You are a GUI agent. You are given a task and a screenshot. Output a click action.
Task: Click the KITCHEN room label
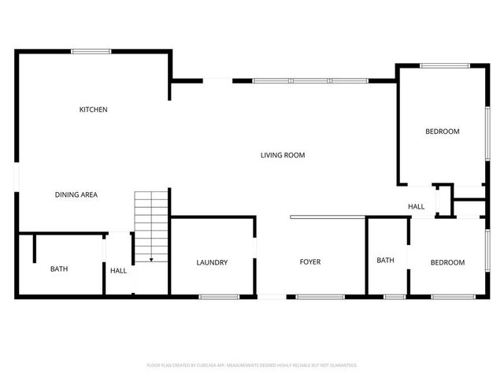click(x=93, y=109)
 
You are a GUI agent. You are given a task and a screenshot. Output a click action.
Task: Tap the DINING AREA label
click(x=76, y=195)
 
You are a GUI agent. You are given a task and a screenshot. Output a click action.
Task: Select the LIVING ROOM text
click(x=283, y=155)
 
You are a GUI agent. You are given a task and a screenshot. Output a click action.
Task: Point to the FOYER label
click(x=309, y=262)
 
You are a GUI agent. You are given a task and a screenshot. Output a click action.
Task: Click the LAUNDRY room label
click(x=212, y=262)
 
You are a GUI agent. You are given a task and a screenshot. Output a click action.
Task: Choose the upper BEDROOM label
click(x=442, y=132)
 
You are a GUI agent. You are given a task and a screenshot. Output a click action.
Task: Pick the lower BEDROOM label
click(x=447, y=262)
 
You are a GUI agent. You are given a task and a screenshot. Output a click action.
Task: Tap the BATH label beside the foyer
click(x=385, y=261)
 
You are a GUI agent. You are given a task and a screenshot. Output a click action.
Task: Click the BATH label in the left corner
click(x=59, y=269)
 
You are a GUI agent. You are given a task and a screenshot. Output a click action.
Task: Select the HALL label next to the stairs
click(x=118, y=271)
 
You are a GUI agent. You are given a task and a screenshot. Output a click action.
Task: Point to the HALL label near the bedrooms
click(x=416, y=207)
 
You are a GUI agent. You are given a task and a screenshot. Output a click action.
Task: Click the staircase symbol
click(x=151, y=224)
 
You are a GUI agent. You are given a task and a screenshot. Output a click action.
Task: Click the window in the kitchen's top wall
click(x=91, y=52)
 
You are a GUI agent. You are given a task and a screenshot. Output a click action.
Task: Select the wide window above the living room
click(x=309, y=80)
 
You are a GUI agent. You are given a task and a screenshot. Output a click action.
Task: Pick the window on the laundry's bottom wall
click(x=218, y=297)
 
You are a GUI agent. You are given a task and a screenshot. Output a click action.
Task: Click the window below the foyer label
click(x=320, y=297)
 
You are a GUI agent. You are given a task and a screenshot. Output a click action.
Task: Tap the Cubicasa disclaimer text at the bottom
click(x=252, y=365)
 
